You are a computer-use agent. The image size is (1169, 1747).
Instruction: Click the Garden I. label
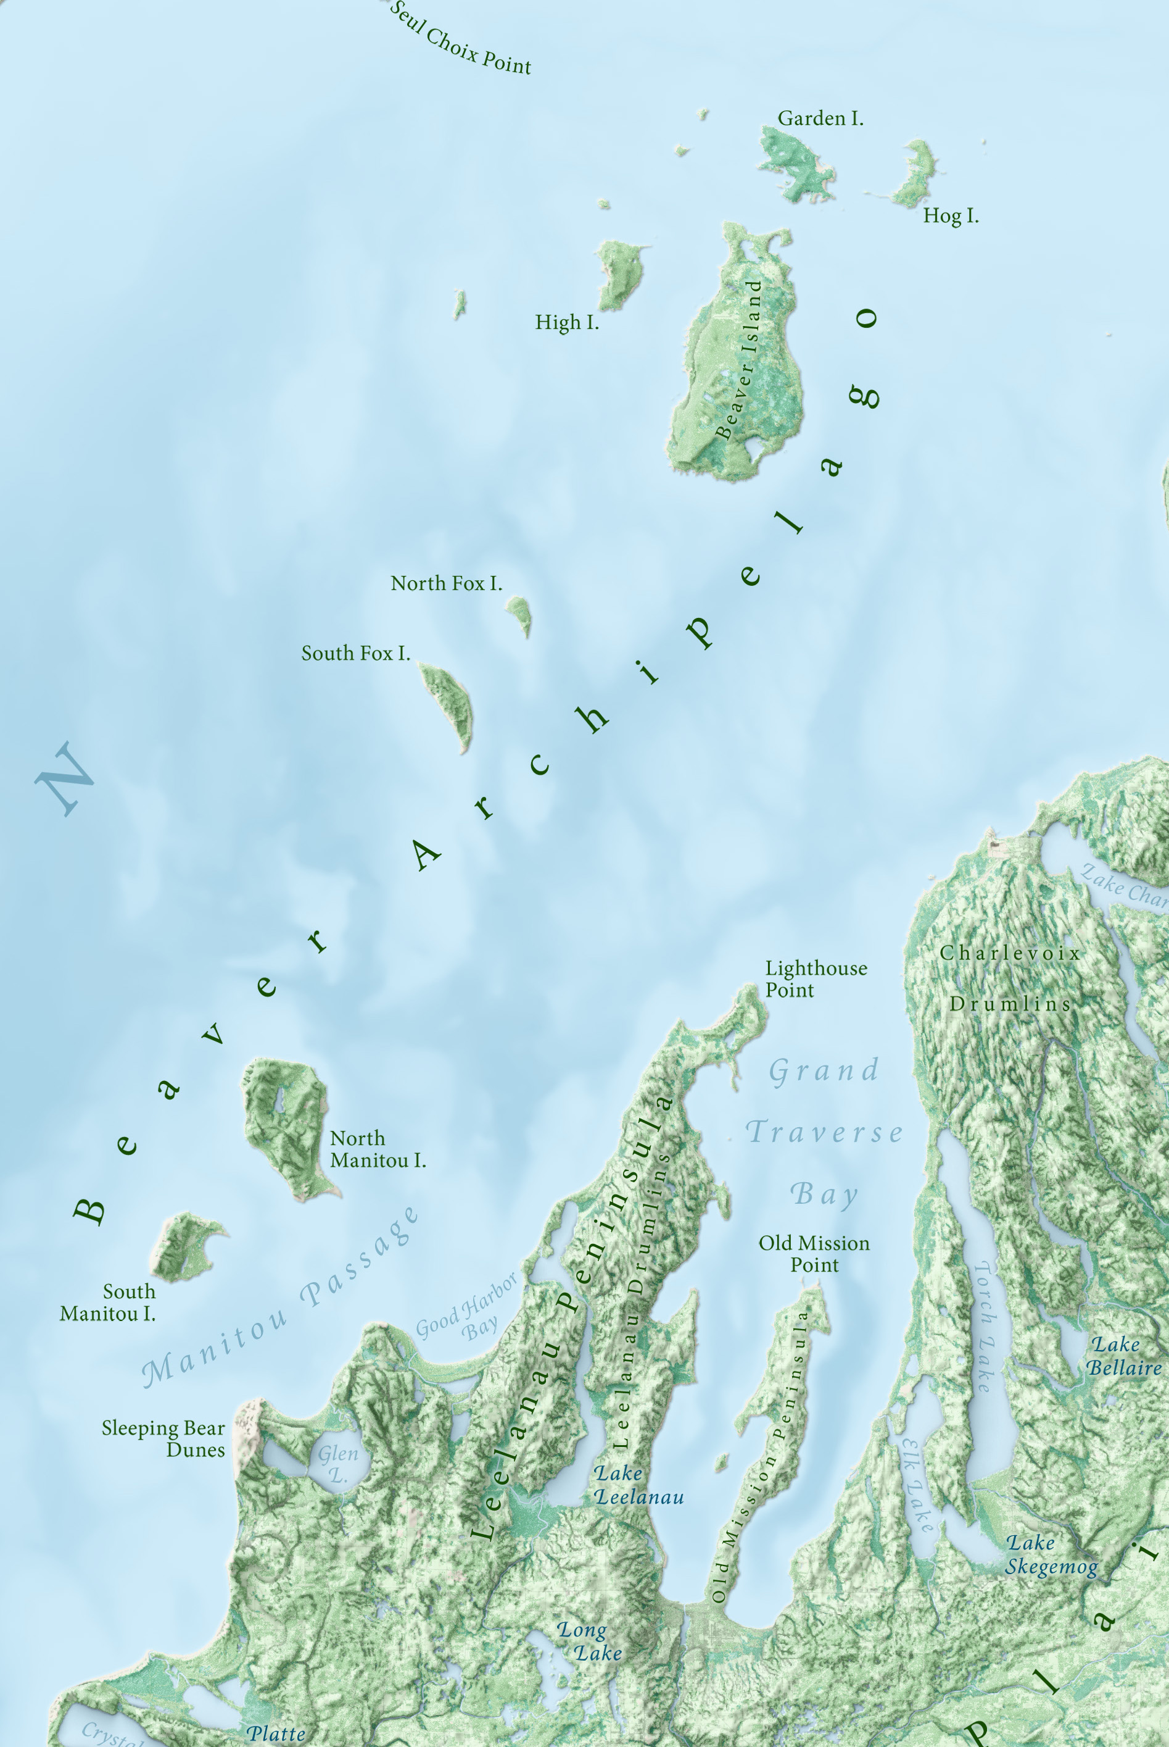(820, 119)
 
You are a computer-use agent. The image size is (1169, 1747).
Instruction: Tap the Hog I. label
(951, 216)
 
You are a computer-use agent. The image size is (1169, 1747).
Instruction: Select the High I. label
(566, 322)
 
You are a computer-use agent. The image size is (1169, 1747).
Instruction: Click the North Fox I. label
(446, 583)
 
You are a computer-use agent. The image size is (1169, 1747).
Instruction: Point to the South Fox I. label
(355, 654)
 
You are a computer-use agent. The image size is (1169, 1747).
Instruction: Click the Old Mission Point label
(814, 1253)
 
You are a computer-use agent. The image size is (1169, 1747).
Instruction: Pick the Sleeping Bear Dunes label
(164, 1438)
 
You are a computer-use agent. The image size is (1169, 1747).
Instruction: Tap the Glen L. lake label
(337, 1464)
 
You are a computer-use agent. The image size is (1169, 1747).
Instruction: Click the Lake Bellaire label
(1123, 1356)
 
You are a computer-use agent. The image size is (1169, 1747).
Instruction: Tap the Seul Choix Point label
(460, 39)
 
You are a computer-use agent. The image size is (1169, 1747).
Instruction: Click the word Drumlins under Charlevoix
(1010, 1004)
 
